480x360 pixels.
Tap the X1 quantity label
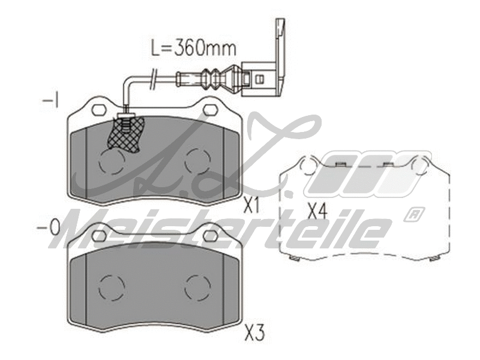pyautogui.click(x=252, y=207)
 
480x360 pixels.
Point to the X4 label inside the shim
pyautogui.click(x=316, y=211)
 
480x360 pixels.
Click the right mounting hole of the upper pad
pyautogui.click(x=211, y=109)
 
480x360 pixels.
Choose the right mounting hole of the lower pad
pyautogui.click(x=211, y=235)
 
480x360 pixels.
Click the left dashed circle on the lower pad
pyautogui.click(x=110, y=287)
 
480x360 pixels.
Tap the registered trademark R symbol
pyautogui.click(x=414, y=213)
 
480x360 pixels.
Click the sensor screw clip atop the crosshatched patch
pyautogui.click(x=125, y=120)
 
